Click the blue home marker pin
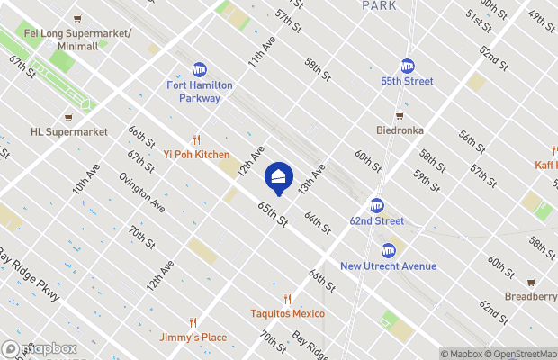tap(279, 177)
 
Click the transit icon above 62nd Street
tap(377, 205)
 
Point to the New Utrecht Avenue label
tap(388, 265)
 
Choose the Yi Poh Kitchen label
tap(196, 155)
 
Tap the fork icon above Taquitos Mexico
tap(288, 299)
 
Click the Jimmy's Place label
tap(194, 337)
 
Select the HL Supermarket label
tap(68, 132)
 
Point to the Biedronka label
tap(400, 130)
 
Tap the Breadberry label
tap(530, 297)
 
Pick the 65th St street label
tap(272, 214)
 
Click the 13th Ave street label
tap(311, 179)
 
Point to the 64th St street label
tap(319, 220)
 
